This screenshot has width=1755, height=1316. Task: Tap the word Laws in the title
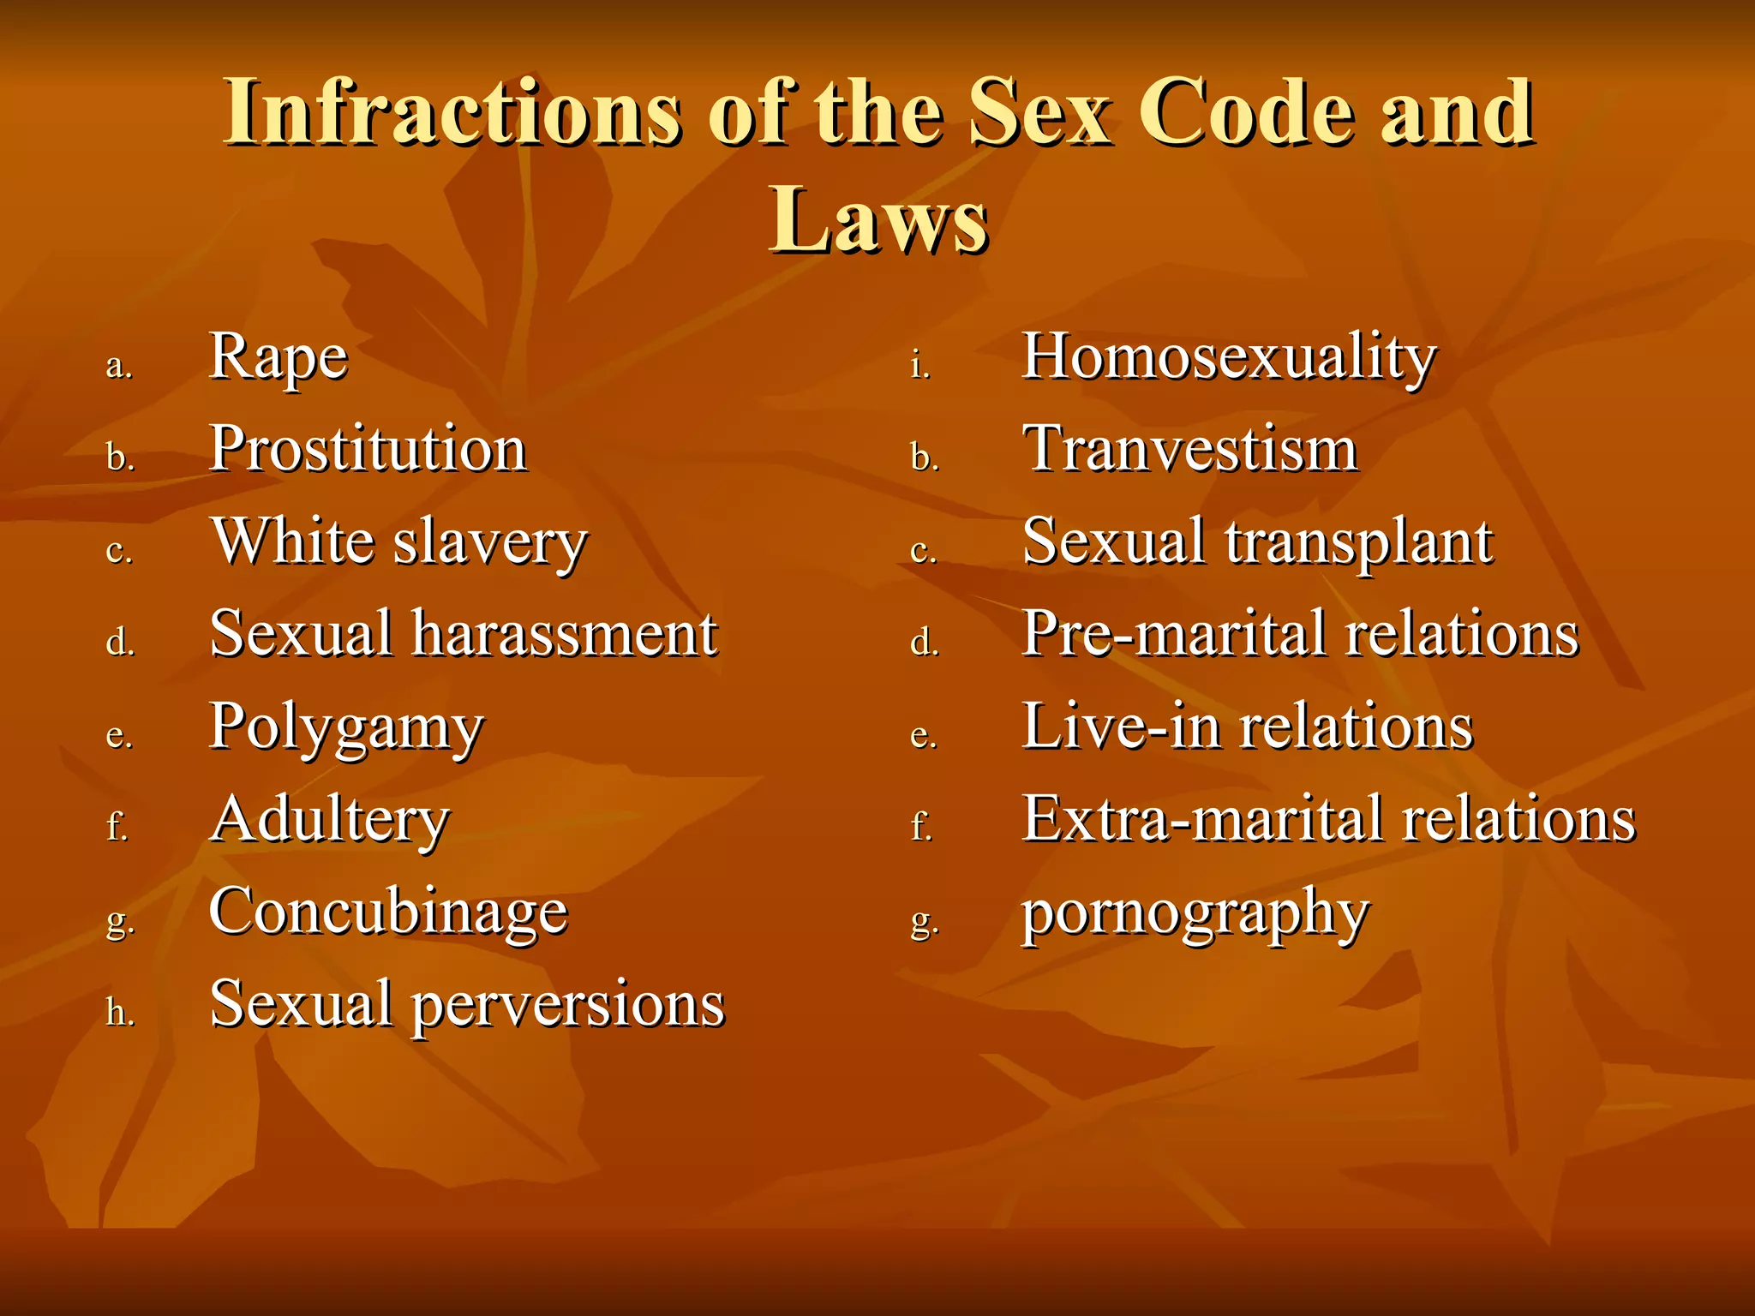click(877, 220)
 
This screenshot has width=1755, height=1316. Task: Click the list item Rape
click(279, 357)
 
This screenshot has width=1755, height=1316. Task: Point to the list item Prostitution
click(368, 449)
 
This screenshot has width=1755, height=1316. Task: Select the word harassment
click(565, 634)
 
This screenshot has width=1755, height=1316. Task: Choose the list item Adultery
click(329, 820)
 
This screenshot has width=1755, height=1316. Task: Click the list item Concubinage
click(388, 912)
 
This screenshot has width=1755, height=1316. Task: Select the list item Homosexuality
click(1229, 357)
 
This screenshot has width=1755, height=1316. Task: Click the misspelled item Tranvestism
click(1190, 449)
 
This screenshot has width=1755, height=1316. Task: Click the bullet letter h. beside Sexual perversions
click(121, 1013)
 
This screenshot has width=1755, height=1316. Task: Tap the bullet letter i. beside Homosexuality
click(920, 366)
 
